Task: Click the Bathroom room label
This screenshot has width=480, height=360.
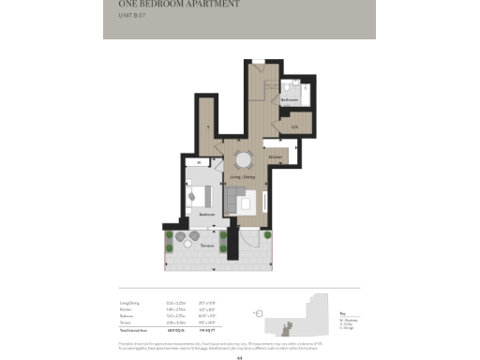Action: (290, 98)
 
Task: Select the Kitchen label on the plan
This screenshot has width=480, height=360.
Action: (275, 157)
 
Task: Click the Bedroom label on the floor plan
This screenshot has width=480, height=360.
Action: (207, 214)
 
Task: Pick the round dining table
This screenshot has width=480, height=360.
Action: (244, 158)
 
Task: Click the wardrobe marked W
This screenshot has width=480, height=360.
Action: (200, 163)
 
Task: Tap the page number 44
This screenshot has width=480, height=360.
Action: (240, 357)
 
